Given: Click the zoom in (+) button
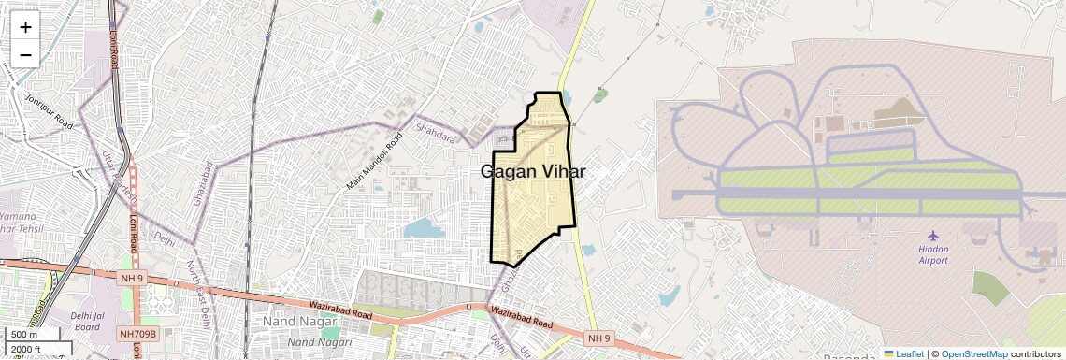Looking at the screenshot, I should tap(25, 27).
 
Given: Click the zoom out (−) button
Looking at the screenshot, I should tap(25, 54).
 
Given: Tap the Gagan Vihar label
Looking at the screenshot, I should tap(533, 172).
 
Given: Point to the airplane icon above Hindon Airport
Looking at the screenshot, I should tap(932, 234).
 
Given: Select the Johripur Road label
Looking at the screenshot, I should tap(49, 110).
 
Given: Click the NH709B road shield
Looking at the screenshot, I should tap(139, 333).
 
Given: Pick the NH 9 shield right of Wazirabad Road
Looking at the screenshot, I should tap(598, 337).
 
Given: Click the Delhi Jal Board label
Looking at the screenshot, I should tap(87, 321).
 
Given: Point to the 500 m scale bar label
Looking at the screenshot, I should tap(24, 334).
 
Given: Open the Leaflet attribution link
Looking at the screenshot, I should tap(902, 353).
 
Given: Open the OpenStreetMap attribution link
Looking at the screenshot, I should tap(973, 353).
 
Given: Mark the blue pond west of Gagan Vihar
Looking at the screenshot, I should tap(424, 227).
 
